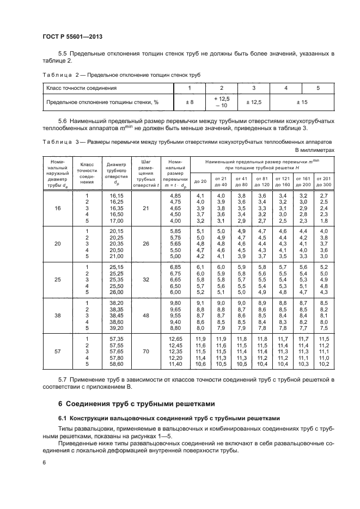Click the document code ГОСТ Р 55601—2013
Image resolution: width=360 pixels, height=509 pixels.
pos(72,36)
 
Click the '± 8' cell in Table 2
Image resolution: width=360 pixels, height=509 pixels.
pos(190,102)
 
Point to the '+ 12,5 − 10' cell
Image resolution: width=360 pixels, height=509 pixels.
pos(222,102)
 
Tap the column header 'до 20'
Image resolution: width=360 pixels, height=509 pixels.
pos(200,181)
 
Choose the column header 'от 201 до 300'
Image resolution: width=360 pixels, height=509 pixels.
pos(324,181)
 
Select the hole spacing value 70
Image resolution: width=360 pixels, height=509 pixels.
pos(145,352)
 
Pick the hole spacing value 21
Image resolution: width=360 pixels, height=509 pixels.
pos(145,208)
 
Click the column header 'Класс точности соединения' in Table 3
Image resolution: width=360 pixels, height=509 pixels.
pos(87,173)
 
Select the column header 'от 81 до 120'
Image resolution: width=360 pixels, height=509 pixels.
pos(262,181)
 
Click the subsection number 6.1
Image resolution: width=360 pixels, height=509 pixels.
pos(63,418)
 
